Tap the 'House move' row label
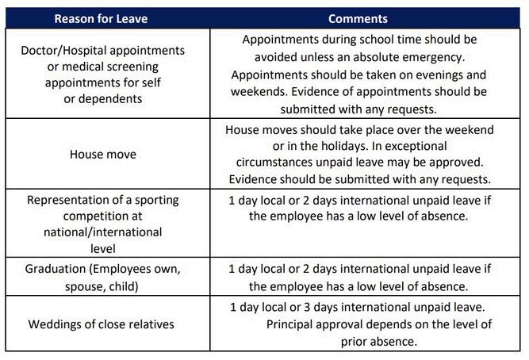click(x=104, y=154)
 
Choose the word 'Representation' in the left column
click(x=64, y=200)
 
